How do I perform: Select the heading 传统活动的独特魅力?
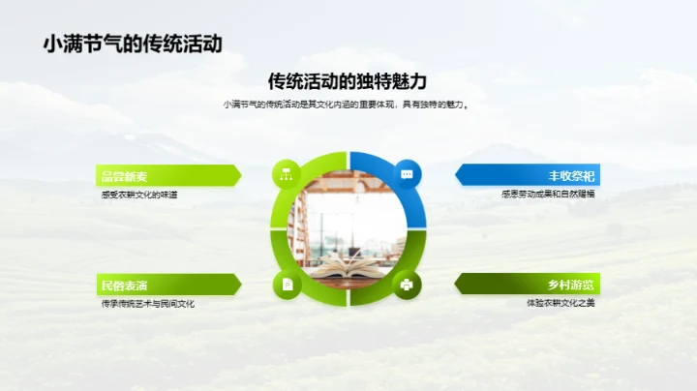pos(348,81)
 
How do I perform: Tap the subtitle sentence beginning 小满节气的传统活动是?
pos(348,105)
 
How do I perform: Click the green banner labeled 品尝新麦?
pos(165,175)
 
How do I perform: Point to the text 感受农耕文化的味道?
pos(139,195)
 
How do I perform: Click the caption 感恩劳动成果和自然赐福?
pos(548,195)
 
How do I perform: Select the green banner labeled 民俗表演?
pos(165,285)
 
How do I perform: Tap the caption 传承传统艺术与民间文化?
pos(148,304)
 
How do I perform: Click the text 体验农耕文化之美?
pos(560,304)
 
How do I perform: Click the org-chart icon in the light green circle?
pos(287,174)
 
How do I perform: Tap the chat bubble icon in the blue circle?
pos(408,174)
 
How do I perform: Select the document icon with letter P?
pos(287,285)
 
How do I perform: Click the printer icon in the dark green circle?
pos(408,285)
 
